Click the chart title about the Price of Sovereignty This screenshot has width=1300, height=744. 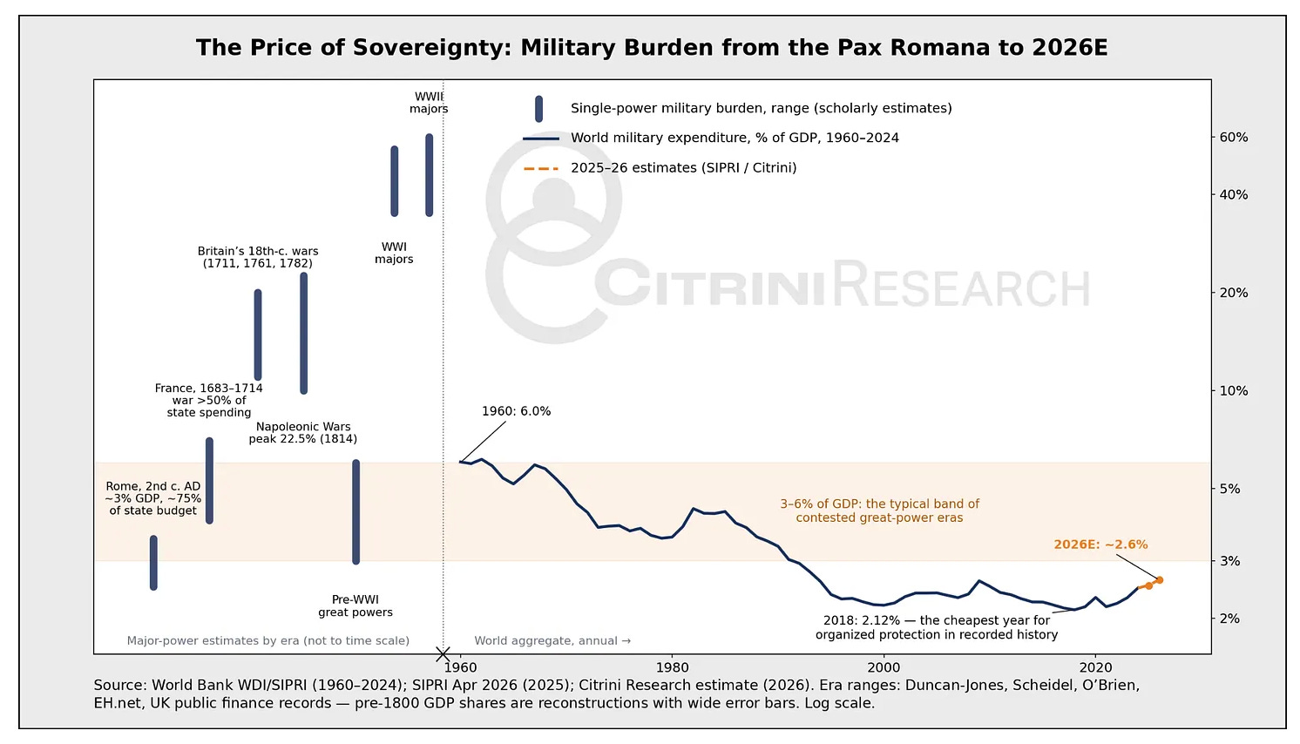click(x=651, y=48)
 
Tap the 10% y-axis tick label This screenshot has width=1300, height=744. click(x=1233, y=390)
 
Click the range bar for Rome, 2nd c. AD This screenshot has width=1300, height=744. click(x=154, y=562)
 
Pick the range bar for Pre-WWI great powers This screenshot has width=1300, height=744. click(x=355, y=511)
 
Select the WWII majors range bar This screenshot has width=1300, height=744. click(x=429, y=175)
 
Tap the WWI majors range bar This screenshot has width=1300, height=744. click(x=395, y=181)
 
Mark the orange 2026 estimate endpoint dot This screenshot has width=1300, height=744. click(x=1160, y=579)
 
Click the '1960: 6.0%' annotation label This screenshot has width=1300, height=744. click(x=516, y=411)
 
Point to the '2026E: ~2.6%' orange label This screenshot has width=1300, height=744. click(x=1101, y=544)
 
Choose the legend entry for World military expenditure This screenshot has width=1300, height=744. click(x=711, y=138)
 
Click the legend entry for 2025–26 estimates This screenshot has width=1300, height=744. click(x=660, y=168)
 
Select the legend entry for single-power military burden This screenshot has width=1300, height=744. click(x=737, y=109)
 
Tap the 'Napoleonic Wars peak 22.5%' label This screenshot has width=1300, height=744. click(x=303, y=433)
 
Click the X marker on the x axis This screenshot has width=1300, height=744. click(x=443, y=654)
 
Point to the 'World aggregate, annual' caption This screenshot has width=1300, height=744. click(x=552, y=640)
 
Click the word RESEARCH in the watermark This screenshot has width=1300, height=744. click(x=961, y=284)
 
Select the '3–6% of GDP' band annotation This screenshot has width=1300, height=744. click(x=879, y=511)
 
